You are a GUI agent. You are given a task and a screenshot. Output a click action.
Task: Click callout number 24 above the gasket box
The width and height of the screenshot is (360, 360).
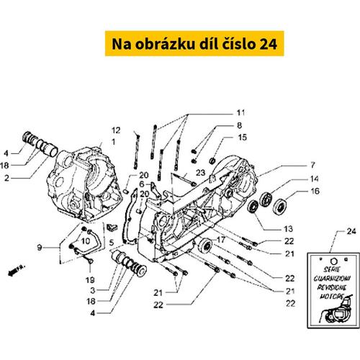(x=331, y=231)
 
